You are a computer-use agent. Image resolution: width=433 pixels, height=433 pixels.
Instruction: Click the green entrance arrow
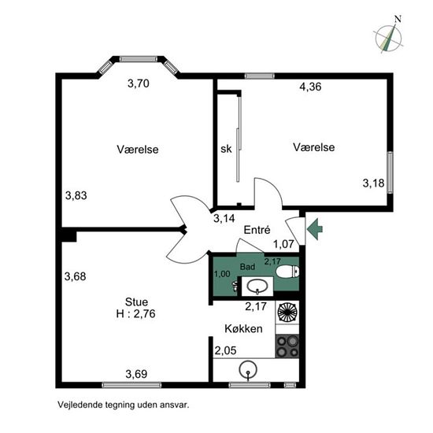point(315,229)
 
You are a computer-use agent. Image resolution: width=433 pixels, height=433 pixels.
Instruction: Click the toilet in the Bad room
point(287,272)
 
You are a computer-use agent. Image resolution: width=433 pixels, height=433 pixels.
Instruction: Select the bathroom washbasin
point(257,286)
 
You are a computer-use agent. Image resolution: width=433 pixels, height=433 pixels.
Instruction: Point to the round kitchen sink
point(248,369)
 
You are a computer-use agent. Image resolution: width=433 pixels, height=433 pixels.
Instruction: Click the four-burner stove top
point(287,346)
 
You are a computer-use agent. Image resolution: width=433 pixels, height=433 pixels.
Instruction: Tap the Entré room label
point(257,230)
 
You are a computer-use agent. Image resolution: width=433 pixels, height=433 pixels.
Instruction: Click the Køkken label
point(243,328)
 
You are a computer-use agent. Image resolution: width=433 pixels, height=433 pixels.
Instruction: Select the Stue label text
point(136,302)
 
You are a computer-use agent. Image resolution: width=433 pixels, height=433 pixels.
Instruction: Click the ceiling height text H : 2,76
point(136,313)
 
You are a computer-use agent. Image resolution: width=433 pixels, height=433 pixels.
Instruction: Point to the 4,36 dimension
point(310,87)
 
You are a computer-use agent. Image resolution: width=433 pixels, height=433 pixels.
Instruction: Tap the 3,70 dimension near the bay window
point(139,83)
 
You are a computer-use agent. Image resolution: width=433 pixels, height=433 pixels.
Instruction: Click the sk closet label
point(226,149)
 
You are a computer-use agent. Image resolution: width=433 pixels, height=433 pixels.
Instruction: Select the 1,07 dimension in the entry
point(284,244)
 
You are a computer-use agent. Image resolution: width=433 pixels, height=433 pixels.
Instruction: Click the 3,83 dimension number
point(76,195)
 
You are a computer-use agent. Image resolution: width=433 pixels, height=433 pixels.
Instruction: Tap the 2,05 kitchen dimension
point(226,350)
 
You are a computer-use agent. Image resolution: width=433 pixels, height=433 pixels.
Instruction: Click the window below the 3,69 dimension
point(131,385)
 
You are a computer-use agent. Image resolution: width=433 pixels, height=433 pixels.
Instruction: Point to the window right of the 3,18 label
point(390,172)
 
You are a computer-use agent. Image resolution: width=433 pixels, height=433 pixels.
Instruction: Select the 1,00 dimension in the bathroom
point(222,274)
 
